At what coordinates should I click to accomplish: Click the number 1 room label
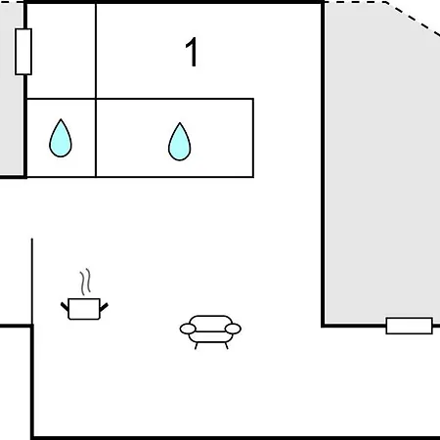click(192, 52)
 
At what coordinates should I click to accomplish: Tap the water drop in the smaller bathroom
click(61, 138)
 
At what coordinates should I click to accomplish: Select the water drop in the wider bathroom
click(180, 142)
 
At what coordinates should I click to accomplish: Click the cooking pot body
click(84, 309)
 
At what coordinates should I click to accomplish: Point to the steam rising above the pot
click(85, 282)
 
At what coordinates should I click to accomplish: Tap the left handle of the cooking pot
click(65, 307)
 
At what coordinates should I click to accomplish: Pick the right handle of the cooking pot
click(104, 307)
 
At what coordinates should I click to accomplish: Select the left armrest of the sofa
click(188, 329)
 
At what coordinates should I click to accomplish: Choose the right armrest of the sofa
click(233, 329)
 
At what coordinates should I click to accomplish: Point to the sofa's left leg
click(197, 346)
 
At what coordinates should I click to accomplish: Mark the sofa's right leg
click(226, 346)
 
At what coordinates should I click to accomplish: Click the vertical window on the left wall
click(23, 52)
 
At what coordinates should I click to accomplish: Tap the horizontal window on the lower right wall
click(410, 326)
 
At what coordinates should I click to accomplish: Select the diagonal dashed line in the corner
click(413, 19)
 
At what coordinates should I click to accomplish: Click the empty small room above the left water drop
click(61, 51)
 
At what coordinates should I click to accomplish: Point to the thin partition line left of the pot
click(32, 282)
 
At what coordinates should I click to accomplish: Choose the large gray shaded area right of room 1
click(381, 163)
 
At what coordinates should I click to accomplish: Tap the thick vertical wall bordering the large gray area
click(323, 164)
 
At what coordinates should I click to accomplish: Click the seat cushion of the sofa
click(210, 336)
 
